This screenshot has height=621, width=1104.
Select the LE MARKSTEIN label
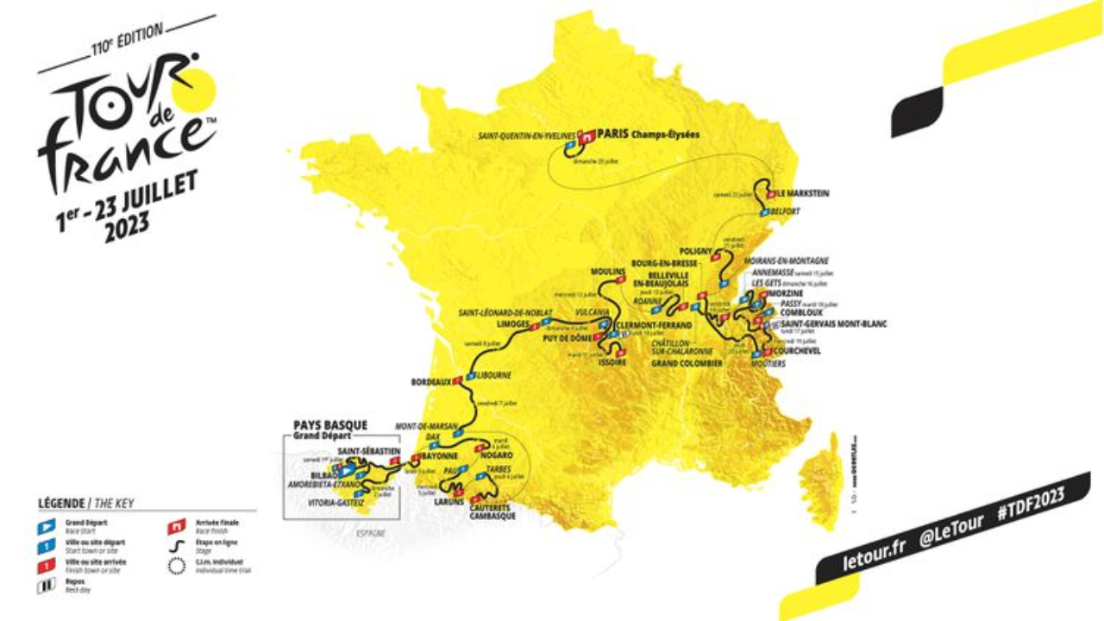click(801, 194)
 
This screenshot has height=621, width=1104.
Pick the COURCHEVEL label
click(798, 351)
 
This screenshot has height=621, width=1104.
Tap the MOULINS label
click(608, 272)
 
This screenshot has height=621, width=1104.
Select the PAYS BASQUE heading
click(330, 425)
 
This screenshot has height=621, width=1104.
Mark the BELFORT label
click(787, 211)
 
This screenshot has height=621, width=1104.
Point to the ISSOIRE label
click(613, 363)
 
